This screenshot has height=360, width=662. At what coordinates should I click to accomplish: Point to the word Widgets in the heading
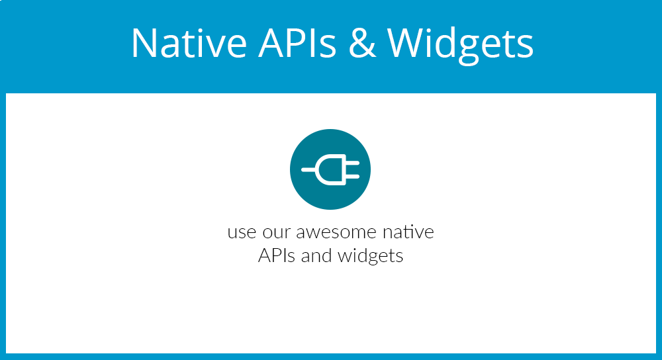pyautogui.click(x=461, y=45)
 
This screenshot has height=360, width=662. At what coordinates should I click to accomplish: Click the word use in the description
pyautogui.click(x=242, y=232)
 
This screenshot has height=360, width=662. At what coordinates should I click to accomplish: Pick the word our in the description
pyautogui.click(x=277, y=232)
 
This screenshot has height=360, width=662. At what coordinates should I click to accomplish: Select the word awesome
pyautogui.click(x=336, y=232)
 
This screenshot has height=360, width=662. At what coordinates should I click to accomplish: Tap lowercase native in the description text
pyautogui.click(x=408, y=232)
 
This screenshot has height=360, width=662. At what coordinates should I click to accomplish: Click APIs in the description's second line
pyautogui.click(x=277, y=255)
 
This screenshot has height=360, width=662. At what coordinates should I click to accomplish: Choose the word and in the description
pyautogui.click(x=316, y=255)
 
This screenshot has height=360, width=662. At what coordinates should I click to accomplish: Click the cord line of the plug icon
pyautogui.click(x=308, y=169)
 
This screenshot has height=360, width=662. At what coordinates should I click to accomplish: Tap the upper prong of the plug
pyautogui.click(x=353, y=163)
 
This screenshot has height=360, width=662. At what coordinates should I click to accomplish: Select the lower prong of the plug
pyautogui.click(x=353, y=177)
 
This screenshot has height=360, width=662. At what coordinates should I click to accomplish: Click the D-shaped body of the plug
pyautogui.click(x=331, y=169)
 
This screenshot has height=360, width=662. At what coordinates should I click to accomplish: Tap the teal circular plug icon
pyautogui.click(x=330, y=169)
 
